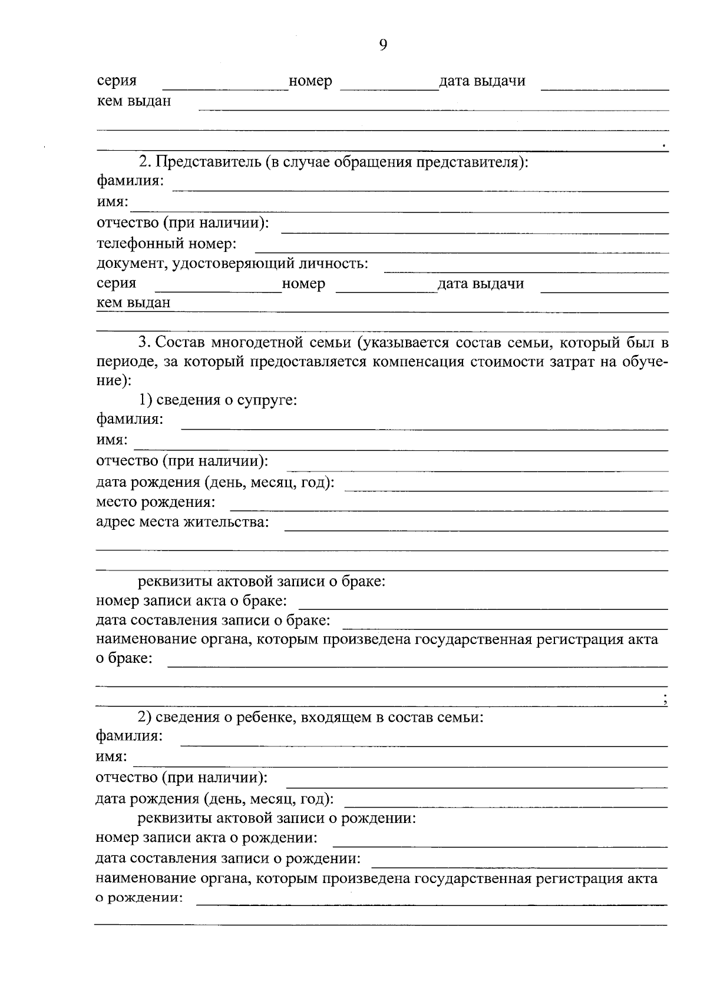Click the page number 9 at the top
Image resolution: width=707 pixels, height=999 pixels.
383,45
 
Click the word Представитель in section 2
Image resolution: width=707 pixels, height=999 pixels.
209,162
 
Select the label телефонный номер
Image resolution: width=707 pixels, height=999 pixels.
166,243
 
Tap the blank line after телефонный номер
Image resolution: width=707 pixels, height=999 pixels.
461,251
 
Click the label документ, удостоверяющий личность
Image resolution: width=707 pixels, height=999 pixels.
232,263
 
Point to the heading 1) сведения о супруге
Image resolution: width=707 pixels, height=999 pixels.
218,400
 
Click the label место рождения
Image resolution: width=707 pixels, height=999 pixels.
156,502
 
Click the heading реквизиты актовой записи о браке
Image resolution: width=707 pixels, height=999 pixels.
262,582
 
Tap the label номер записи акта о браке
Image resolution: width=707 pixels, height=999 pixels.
191,601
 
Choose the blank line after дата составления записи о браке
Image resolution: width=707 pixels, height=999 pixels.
505,628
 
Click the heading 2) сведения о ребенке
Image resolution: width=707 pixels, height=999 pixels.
310,717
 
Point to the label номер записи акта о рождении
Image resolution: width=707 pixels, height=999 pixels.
207,837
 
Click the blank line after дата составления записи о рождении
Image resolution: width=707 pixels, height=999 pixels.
519,867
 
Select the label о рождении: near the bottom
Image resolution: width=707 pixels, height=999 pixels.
139,899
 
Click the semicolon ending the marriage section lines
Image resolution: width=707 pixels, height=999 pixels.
665,700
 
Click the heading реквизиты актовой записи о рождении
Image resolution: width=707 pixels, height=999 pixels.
277,818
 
